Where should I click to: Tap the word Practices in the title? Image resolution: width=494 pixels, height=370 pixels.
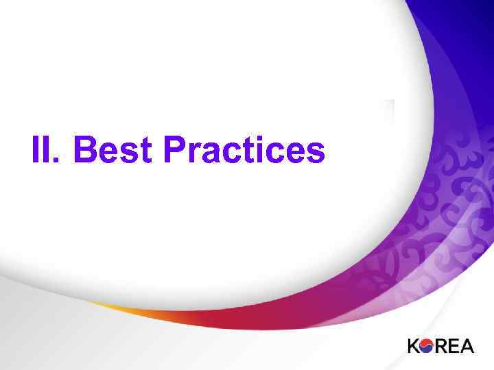tap(244, 150)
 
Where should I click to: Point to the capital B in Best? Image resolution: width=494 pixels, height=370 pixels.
tap(84, 150)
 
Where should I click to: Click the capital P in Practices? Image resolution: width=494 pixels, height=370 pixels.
tap(175, 150)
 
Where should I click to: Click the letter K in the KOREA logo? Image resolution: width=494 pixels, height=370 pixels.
tap(415, 346)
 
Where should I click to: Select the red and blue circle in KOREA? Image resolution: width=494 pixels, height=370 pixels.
tap(430, 346)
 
